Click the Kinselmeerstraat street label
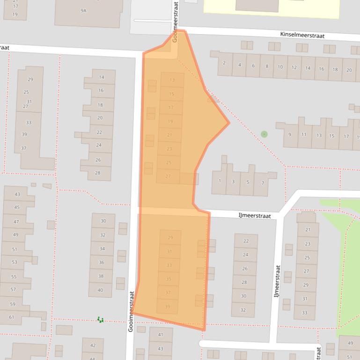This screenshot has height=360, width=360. [302, 35]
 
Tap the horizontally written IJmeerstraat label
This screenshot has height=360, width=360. [255, 216]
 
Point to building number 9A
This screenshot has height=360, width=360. [83, 10]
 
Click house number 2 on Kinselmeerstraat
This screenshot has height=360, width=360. [224, 63]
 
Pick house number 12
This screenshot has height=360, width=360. [294, 67]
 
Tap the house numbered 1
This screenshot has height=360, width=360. [220, 181]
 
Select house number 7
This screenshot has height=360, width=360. [262, 183]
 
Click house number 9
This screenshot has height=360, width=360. [290, 135]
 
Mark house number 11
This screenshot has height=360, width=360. [305, 135]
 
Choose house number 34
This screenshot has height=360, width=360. [102, 249]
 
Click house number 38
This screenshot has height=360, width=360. [101, 276]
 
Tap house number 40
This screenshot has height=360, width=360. [100, 290]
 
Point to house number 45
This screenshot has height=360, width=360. [17, 208]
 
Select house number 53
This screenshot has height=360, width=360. [14, 262]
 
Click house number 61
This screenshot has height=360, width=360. [12, 317]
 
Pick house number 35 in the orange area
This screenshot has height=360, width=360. [169, 279]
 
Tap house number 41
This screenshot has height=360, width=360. [161, 335]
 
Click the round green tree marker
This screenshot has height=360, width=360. [264, 134]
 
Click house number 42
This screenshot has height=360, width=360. [93, 346]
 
